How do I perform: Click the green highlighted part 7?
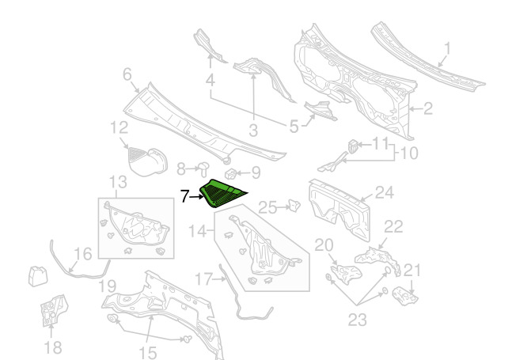coord(222,193)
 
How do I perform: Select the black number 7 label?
coord(184,196)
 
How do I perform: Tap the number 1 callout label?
coord(447,48)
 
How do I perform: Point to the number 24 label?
coord(385,192)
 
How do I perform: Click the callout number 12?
coord(119,127)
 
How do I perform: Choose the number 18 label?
coord(53,347)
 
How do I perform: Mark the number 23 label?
coord(357,320)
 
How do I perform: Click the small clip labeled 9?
coord(230,173)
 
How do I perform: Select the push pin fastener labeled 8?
coord(204,169)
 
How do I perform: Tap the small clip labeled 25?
coord(294,206)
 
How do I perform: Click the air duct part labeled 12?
coord(148,161)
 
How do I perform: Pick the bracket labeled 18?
coord(53,309)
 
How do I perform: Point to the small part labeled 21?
coord(405,296)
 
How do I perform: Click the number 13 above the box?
coord(118,182)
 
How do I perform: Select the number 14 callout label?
coord(197,231)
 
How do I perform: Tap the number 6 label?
coord(127,74)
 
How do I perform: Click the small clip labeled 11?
coord(352,146)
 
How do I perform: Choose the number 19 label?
coord(107,286)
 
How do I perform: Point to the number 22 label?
coord(393,226)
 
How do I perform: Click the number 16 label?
coord(83,254)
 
